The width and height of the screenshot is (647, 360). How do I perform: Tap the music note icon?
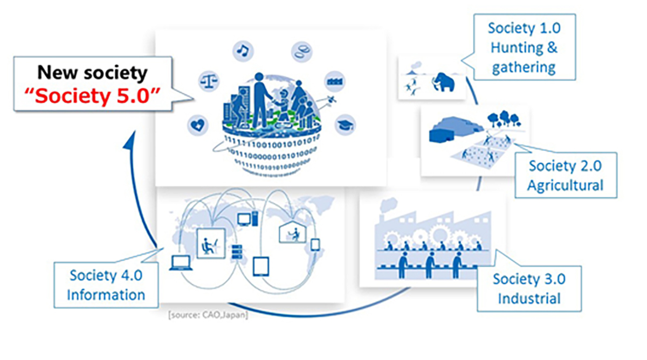coord(243,51)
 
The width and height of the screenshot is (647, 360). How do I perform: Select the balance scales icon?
coord(207,81)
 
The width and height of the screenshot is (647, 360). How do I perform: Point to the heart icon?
coord(198,126)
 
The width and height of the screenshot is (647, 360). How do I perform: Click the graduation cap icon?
coord(345,125)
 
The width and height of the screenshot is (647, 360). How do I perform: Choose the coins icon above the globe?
coord(301,52)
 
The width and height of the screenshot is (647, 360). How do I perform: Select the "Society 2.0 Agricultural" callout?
coord(565,176)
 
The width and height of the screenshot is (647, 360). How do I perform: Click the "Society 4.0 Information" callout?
coord(106,286)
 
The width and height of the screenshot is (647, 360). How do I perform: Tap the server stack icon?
coord(236,252)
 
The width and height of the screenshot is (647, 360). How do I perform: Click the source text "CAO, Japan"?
coord(208,315)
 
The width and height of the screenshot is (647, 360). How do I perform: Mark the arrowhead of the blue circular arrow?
coord(128,141)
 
